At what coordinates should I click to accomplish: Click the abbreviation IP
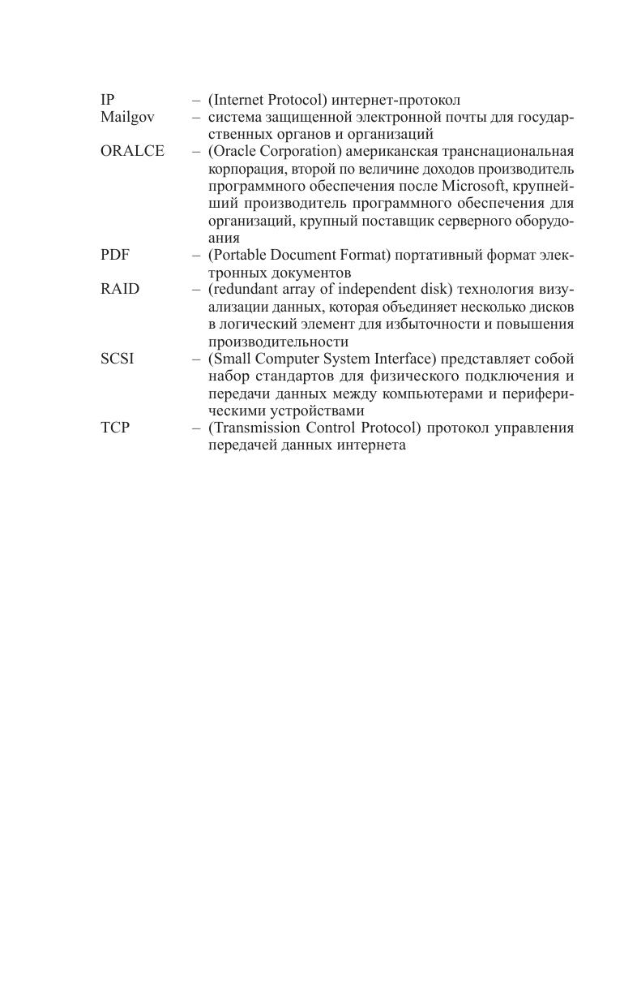click(x=107, y=100)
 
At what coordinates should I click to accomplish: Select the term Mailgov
click(x=127, y=117)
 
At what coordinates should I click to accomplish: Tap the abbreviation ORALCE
click(x=132, y=151)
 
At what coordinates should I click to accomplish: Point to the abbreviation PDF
click(x=115, y=255)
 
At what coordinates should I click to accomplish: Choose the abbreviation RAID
click(x=120, y=289)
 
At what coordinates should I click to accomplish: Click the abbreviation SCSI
click(x=118, y=359)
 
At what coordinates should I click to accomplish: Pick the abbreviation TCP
click(x=115, y=428)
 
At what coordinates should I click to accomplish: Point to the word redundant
click(x=242, y=290)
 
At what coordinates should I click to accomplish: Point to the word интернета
click(x=370, y=445)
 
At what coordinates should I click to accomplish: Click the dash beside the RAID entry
click(x=196, y=290)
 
